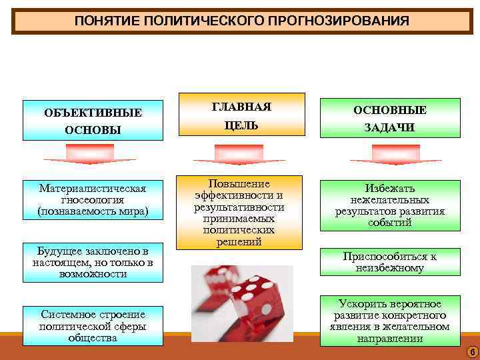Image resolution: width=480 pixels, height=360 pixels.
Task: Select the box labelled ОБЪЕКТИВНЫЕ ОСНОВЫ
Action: [x=93, y=120]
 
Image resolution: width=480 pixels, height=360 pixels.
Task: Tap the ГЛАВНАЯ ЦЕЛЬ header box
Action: [x=241, y=116]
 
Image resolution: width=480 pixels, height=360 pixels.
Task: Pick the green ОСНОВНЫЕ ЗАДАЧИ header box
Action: [x=389, y=118]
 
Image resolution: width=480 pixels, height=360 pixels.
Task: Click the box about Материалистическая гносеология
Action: [x=93, y=199]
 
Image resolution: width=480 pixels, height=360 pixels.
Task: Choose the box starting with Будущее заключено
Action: [x=93, y=262]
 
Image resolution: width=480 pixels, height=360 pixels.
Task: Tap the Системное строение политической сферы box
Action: [x=93, y=325]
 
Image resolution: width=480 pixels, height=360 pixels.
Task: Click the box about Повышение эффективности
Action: [x=239, y=212]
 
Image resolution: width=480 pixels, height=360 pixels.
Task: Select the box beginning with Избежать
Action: [x=389, y=205]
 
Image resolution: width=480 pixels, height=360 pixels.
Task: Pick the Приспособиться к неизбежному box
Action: [x=389, y=262]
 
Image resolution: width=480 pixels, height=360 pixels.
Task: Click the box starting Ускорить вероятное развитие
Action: [x=389, y=321]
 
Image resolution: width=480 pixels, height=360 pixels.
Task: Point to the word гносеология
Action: [x=93, y=200]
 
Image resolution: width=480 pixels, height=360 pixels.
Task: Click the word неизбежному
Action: [x=389, y=268]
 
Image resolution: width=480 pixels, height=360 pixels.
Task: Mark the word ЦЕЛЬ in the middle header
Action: [x=241, y=125]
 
